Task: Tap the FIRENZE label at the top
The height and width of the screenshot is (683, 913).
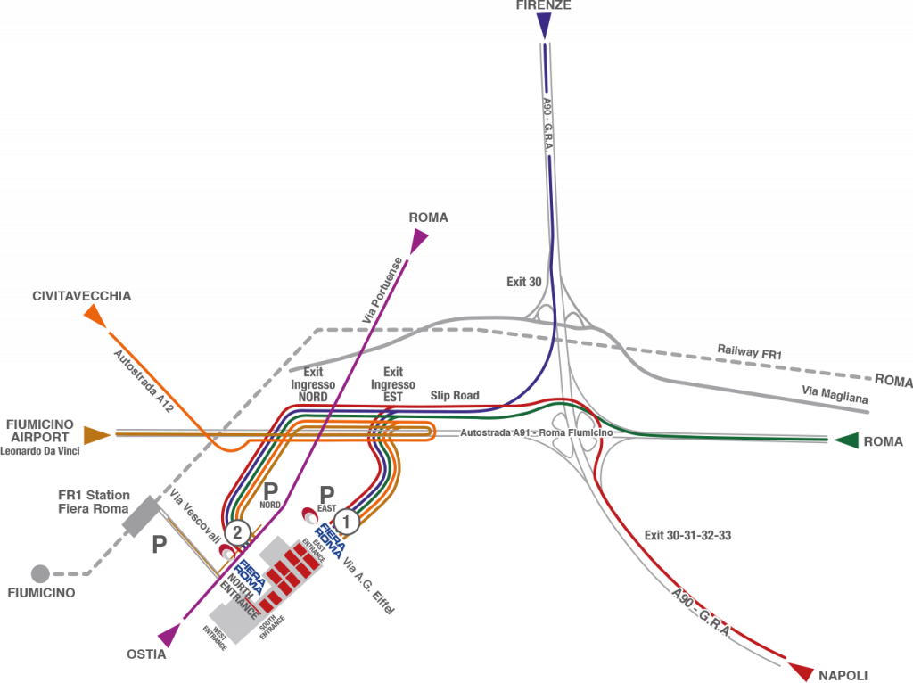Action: click(543, 5)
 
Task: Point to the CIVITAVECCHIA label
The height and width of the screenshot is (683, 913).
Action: click(82, 295)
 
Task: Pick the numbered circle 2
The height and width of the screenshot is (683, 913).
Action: click(236, 533)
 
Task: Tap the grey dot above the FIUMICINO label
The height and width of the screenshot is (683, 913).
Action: click(40, 573)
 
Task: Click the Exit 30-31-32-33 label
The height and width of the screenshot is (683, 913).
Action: click(687, 536)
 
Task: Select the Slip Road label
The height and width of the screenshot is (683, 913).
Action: click(455, 394)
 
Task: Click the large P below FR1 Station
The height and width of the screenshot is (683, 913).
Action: click(159, 545)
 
